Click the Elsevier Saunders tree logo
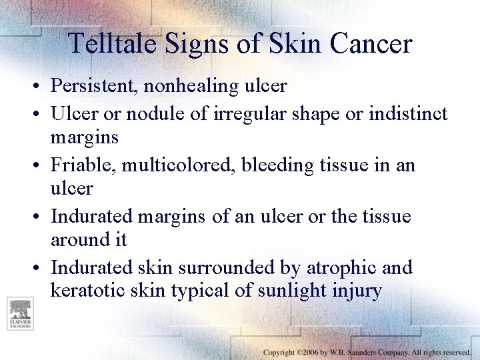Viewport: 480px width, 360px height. click(x=19, y=313)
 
